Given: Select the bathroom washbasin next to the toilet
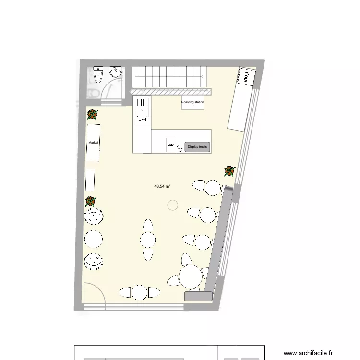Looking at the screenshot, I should [115, 72].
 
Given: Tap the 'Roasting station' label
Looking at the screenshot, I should [192, 102].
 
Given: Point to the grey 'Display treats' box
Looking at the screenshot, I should [197, 147].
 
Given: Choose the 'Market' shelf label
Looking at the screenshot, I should [93, 143].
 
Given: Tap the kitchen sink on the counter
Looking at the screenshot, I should [143, 108].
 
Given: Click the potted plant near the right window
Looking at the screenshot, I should [230, 170].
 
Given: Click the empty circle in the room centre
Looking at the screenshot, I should [172, 205].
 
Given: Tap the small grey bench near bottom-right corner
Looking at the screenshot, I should [198, 297].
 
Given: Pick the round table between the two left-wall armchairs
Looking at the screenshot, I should [94, 239].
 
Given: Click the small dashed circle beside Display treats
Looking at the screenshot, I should [180, 147].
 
